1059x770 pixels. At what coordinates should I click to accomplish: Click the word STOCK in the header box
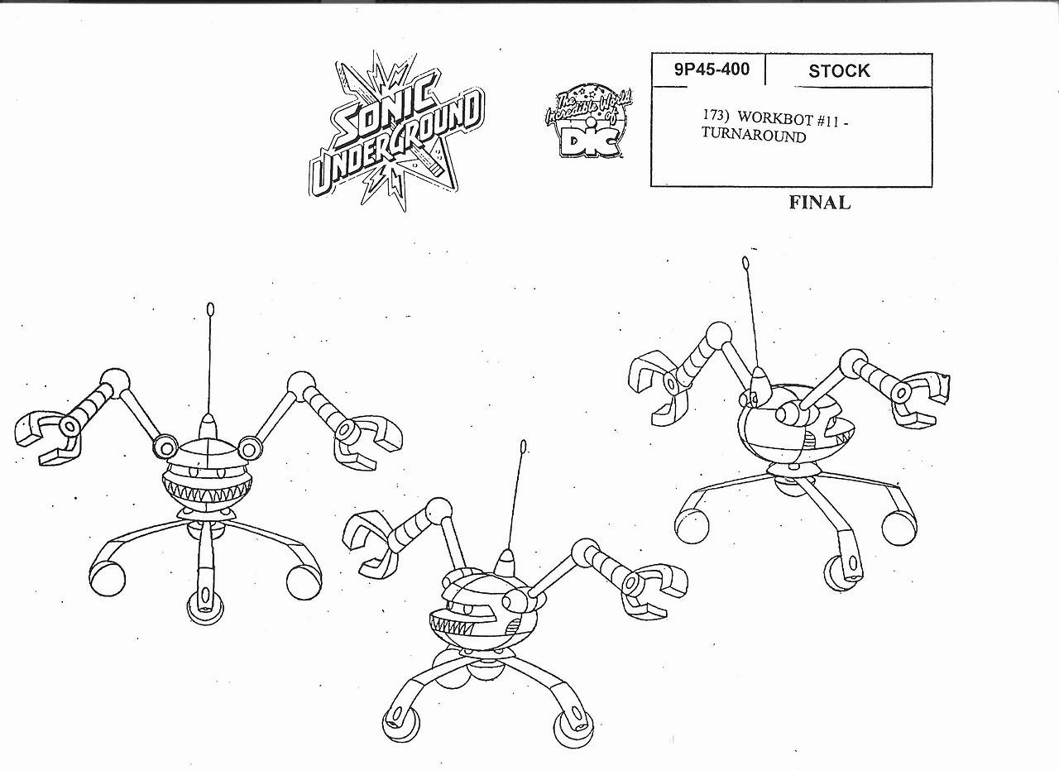pyautogui.click(x=839, y=71)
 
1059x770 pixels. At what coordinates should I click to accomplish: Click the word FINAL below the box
pyautogui.click(x=819, y=203)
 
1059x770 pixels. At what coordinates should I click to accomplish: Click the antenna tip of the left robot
pyautogui.click(x=210, y=311)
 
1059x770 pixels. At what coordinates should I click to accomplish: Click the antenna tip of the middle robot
pyautogui.click(x=523, y=448)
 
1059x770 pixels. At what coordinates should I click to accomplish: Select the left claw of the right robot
pyautogui.click(x=657, y=383)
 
